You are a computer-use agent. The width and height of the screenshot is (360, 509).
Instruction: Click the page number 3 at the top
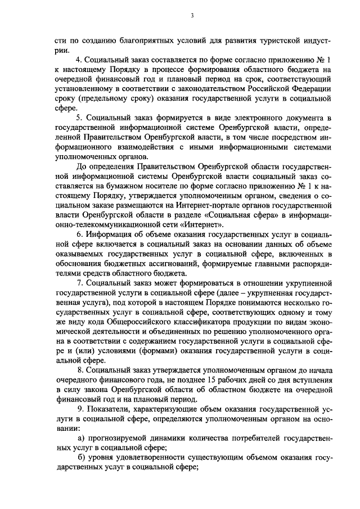[x=191, y=15]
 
